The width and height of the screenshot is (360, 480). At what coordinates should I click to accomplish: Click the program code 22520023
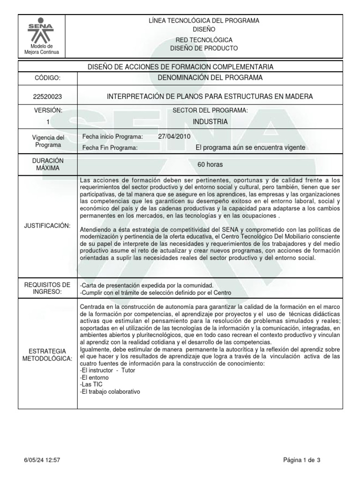tap(47, 97)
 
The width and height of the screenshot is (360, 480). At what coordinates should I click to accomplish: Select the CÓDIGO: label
tap(47, 78)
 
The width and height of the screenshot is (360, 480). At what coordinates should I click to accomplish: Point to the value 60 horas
tap(210, 165)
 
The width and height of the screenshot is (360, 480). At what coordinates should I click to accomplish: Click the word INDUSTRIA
tap(210, 122)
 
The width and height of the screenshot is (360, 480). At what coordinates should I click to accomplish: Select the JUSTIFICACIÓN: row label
tap(47, 226)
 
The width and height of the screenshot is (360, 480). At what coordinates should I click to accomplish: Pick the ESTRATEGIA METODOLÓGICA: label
tap(47, 355)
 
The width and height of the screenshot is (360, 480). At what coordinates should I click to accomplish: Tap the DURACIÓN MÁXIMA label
tap(47, 164)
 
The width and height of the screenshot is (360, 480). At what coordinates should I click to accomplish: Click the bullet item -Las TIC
tap(92, 383)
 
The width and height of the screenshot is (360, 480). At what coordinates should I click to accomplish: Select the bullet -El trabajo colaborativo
tap(110, 391)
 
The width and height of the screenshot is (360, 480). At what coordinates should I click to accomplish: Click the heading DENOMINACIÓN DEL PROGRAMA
tap(210, 77)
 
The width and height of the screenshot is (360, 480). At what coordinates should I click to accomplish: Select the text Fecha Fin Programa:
tap(110, 148)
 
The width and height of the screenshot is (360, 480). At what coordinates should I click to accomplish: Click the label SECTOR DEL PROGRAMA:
tap(210, 110)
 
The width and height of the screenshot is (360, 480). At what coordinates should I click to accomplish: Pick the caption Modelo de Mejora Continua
tap(42, 49)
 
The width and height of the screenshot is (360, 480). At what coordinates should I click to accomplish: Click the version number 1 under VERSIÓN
tap(47, 122)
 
